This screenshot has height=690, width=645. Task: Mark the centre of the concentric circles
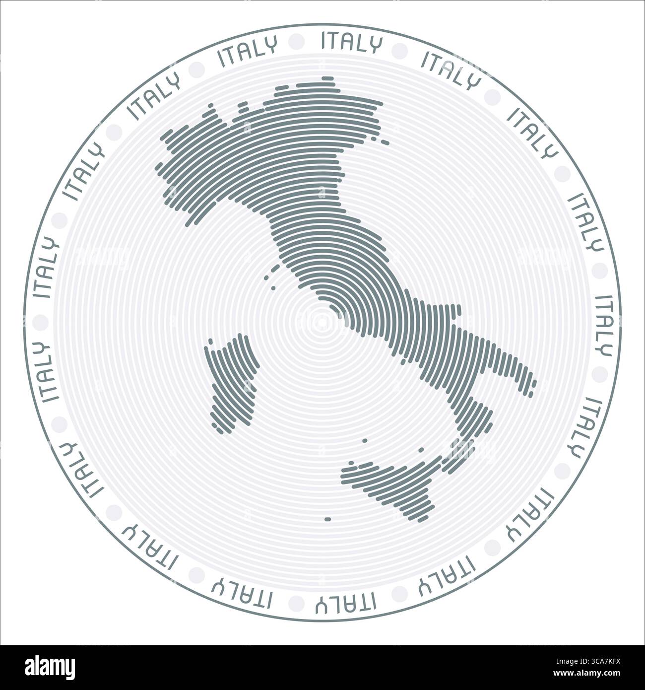pos(322,322)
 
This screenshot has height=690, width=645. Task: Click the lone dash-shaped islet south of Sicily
pos(327,519)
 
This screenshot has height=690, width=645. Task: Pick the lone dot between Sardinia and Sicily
pos(365,440)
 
